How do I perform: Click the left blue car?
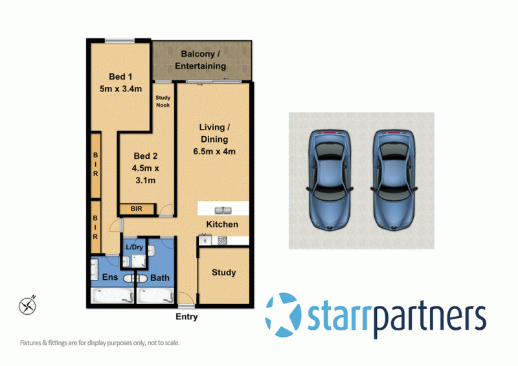[x=330, y=180]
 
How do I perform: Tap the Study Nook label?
[x=163, y=102]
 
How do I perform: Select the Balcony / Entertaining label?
[x=201, y=60]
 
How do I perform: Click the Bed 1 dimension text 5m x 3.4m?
[x=120, y=89]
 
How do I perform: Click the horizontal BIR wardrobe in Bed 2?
[x=137, y=209]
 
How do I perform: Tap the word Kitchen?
[x=222, y=224]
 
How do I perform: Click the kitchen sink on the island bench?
[x=223, y=209]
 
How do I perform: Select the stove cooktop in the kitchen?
[x=223, y=241]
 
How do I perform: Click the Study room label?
[x=223, y=273]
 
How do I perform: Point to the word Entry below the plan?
[x=186, y=317]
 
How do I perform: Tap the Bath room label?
[x=160, y=278]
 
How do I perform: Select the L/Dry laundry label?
[x=135, y=247]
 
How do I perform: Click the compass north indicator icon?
[x=28, y=303]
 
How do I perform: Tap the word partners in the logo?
[x=428, y=317]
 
